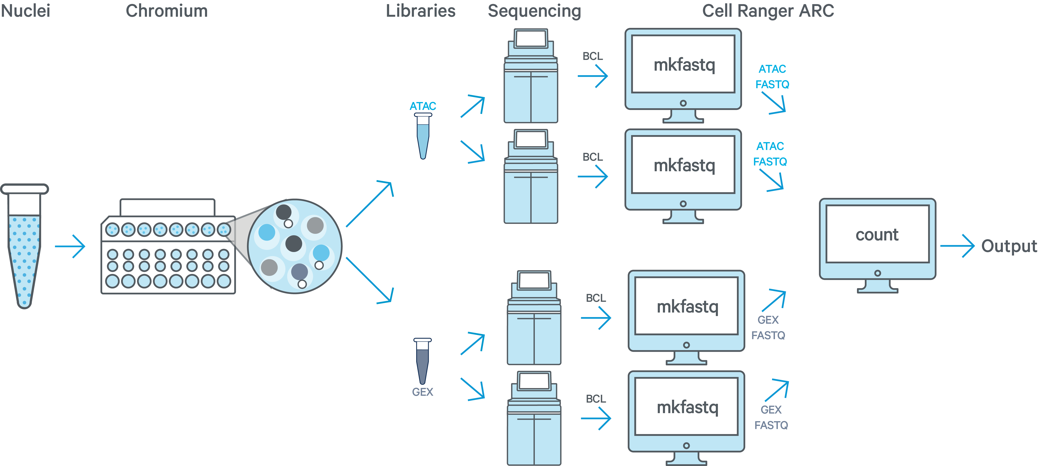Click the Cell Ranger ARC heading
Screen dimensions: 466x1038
point(768,11)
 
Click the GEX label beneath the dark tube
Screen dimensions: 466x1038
point(422,392)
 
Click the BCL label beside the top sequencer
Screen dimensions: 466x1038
point(593,56)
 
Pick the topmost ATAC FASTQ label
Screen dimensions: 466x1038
point(772,76)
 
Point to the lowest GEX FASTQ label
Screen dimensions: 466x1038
point(771,417)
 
